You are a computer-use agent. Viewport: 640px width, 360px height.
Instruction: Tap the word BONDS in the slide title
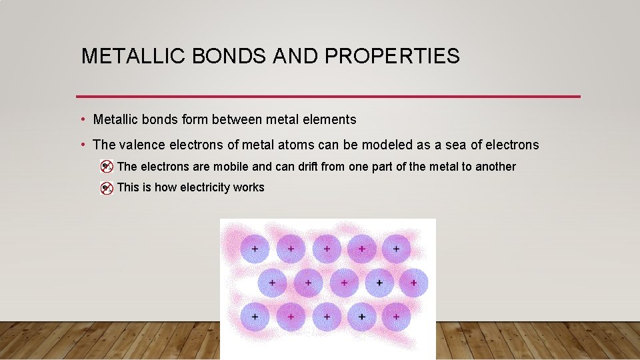tap(229, 56)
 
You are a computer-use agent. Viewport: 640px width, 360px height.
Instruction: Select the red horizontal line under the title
tap(328, 97)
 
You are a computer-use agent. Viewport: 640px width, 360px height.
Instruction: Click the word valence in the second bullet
tap(140, 145)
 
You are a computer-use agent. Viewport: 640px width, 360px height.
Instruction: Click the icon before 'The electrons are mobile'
tap(106, 167)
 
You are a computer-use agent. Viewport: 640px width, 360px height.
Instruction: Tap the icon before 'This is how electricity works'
tap(106, 188)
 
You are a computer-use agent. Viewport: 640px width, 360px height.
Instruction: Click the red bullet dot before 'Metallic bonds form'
tap(81, 120)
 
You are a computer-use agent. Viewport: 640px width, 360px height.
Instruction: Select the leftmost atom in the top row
tap(255, 249)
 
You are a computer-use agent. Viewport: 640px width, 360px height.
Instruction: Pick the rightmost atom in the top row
tap(396, 249)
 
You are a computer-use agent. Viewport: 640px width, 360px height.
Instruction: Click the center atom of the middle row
tap(343, 283)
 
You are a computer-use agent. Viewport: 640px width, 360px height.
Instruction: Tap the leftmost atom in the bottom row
tap(255, 316)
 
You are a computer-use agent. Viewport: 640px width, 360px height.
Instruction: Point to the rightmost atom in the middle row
tap(413, 283)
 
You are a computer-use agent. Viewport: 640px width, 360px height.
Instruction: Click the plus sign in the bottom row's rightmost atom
tap(396, 317)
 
